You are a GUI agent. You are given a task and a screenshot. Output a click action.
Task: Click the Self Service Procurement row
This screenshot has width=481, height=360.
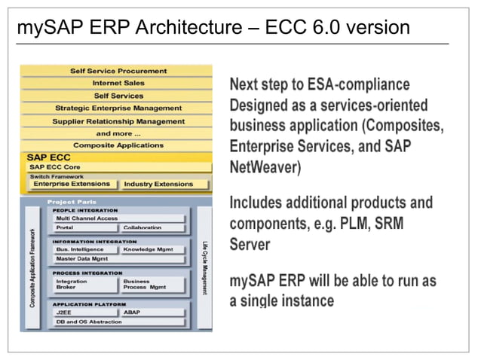[118, 71]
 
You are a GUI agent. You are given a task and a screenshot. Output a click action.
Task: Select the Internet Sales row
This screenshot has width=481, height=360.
[118, 83]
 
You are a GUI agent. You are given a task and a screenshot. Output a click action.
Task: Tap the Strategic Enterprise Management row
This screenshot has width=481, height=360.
[118, 108]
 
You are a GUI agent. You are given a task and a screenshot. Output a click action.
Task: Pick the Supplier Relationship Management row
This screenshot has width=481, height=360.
[118, 121]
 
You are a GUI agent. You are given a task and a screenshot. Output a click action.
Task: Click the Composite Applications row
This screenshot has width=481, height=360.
[118, 145]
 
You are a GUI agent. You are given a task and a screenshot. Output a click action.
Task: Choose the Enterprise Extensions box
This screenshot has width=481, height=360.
[72, 184]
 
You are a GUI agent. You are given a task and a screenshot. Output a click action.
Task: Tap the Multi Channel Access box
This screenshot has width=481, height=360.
[118, 217]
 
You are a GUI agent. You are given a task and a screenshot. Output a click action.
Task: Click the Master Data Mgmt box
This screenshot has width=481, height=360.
[118, 258]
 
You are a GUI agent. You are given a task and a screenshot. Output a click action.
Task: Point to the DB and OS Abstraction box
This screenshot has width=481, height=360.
[118, 322]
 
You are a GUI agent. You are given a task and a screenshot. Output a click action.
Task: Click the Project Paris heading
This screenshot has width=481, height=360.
[71, 202]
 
